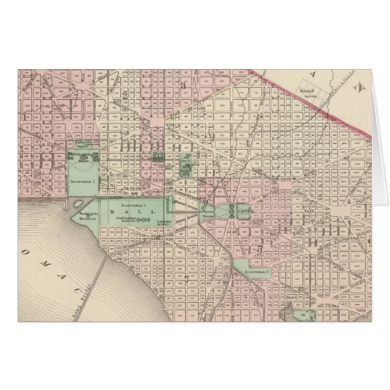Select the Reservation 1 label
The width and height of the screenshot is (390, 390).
83,180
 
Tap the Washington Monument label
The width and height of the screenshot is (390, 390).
86,216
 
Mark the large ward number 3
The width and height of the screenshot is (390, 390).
182,85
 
